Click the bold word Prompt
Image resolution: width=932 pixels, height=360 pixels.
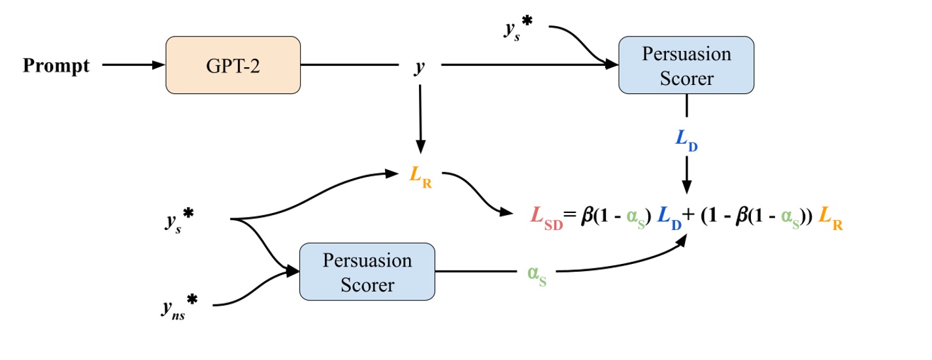point(56,66)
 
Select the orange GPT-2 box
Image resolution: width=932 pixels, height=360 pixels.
point(233,65)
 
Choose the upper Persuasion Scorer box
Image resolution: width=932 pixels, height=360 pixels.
point(686,65)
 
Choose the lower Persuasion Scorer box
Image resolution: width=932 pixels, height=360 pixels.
point(367,272)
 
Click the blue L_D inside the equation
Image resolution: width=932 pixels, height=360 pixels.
point(671,218)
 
